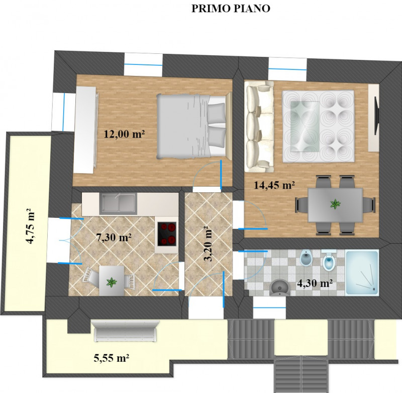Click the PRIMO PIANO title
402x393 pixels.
tap(231, 8)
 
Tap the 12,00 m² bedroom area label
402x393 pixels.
tap(124, 134)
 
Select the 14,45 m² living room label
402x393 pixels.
tap(274, 185)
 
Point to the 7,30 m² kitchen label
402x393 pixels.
tap(114, 238)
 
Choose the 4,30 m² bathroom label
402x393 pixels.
tap(315, 283)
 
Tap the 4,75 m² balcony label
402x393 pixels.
tap(30, 226)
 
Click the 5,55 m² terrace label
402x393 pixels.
tap(111, 358)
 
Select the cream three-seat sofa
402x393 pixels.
tap(259, 126)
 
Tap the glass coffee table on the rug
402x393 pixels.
tap(305, 126)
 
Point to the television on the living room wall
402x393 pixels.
tap(376, 116)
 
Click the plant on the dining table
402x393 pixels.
tap(335, 204)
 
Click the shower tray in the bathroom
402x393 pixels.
tap(362, 272)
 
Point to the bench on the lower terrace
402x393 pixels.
tap(126, 331)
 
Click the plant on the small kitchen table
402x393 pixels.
tap(112, 282)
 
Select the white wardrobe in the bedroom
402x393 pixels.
tap(85, 130)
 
